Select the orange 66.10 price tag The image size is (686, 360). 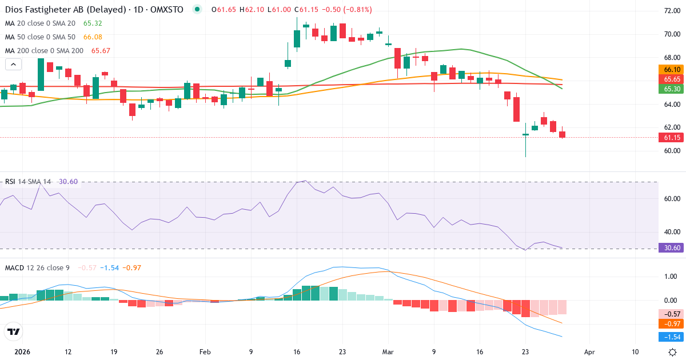tap(671, 70)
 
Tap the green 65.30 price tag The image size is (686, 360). tap(671, 89)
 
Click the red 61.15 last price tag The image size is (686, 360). tap(671, 138)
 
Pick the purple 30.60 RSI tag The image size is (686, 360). tap(671, 248)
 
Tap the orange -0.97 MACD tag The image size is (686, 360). tap(671, 324)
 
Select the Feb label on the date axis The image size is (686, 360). tap(205, 352)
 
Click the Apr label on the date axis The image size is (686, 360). tap(590, 352)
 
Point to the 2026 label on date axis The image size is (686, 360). tap(22, 352)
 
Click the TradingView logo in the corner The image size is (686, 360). tap(13, 331)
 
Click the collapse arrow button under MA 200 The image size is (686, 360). tap(13, 64)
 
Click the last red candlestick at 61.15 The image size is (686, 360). tap(563, 135)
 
